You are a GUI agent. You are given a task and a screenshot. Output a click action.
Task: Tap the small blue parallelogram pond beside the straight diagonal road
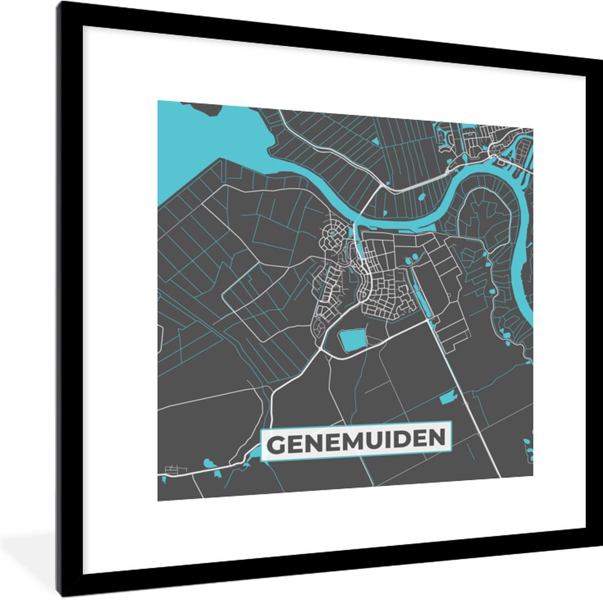(446, 398)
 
